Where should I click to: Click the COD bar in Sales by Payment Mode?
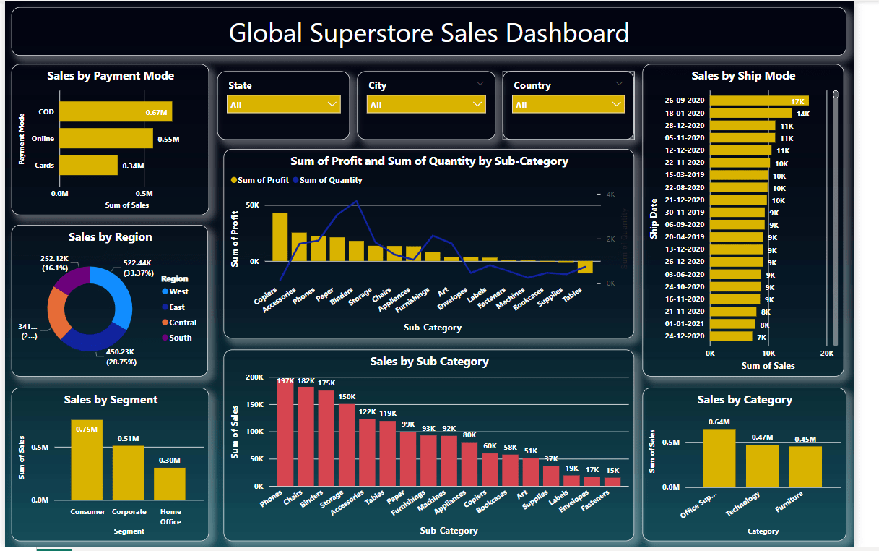pos(116,112)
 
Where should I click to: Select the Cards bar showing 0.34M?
pos(88,165)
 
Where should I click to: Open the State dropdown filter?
pos(284,105)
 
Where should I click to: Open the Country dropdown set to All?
pos(568,105)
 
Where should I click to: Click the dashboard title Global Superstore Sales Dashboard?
pos(428,33)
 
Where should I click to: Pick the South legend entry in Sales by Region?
pos(180,338)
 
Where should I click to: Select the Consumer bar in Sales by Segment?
pos(87,459)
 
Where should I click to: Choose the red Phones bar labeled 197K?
pos(285,432)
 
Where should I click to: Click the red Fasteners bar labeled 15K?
pos(612,482)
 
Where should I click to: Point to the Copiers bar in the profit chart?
pos(280,237)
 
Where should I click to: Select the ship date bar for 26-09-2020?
pos(759,101)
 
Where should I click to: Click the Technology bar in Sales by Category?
pos(762,466)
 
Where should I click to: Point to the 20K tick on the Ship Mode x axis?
pos(827,354)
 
